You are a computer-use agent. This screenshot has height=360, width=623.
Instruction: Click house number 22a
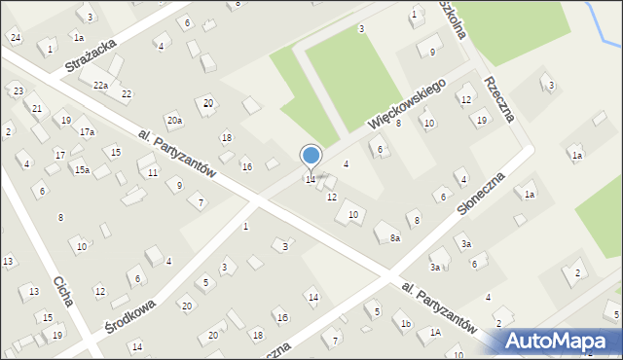[x=100, y=86]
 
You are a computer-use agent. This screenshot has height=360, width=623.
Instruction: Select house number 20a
[x=173, y=121]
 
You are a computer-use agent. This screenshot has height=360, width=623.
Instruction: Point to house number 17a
[x=87, y=131]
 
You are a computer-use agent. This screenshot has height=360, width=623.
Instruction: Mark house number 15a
[x=82, y=170]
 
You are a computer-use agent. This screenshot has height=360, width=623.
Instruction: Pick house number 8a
[x=395, y=238]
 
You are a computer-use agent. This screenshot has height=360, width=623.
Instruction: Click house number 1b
[x=406, y=323]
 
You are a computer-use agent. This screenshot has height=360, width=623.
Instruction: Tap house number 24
[x=15, y=37]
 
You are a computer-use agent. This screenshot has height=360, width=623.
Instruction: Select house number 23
[x=18, y=90]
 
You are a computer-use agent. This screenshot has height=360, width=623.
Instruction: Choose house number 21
[x=37, y=108]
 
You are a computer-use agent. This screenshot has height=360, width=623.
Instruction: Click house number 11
[x=153, y=172]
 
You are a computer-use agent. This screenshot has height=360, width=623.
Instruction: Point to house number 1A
[x=435, y=333]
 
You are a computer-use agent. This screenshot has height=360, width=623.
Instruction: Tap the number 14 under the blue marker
[x=311, y=180]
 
